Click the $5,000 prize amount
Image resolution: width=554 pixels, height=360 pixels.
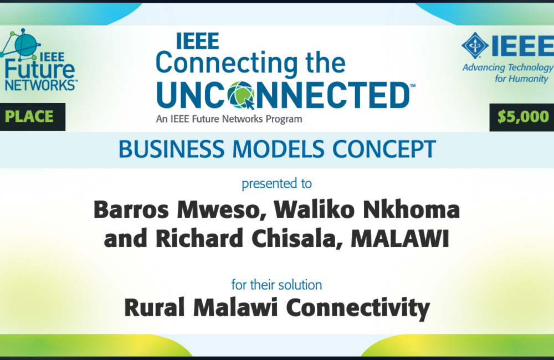[x=523, y=117]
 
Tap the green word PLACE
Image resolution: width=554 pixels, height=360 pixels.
[x=29, y=117]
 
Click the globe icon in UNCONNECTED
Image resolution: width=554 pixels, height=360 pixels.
[x=242, y=95]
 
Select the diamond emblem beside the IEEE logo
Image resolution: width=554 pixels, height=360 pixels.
[x=475, y=45]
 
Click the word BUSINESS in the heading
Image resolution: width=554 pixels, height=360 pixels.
[x=171, y=149]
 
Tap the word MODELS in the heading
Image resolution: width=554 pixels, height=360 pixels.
[x=279, y=149]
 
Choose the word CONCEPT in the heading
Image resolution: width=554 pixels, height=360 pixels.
[x=384, y=149]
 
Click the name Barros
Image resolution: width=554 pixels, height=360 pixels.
[x=131, y=210]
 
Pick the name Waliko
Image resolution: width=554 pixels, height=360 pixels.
[x=314, y=209]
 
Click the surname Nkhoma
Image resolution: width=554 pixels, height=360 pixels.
[x=412, y=209]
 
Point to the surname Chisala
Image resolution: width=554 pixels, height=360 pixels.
[x=297, y=239]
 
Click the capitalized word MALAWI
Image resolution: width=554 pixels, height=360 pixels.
[x=400, y=239]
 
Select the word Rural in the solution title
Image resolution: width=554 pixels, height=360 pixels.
[x=155, y=307]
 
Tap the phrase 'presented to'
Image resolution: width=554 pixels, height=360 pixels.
[x=276, y=184]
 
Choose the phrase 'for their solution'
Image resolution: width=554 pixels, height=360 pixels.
[x=276, y=285]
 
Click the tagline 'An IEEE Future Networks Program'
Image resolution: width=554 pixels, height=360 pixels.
[x=229, y=119]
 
